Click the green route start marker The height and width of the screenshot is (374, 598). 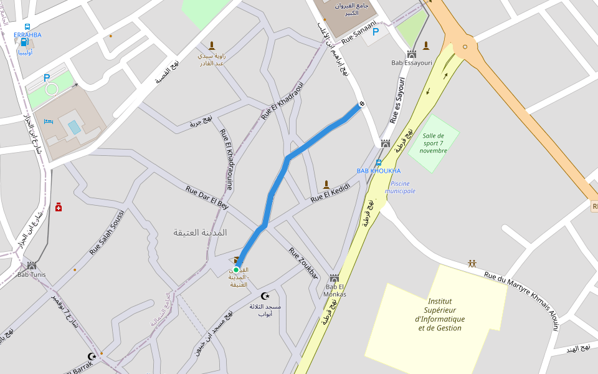(x=236, y=270)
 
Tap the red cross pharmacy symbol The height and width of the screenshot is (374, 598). (x=59, y=207)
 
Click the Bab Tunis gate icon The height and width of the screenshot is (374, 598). (x=32, y=266)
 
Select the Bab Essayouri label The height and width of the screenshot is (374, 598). (x=412, y=63)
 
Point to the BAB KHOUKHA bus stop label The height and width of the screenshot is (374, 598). (x=379, y=171)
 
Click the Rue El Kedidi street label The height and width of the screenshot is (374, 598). (x=331, y=192)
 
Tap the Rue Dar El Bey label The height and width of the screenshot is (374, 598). (x=207, y=198)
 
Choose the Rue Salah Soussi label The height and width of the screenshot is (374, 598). (x=107, y=233)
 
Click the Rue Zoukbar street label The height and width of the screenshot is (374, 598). (x=303, y=263)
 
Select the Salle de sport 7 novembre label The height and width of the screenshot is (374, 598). (x=433, y=143)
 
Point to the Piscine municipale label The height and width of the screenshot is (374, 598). (x=400, y=187)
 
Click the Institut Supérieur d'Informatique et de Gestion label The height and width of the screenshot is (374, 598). (x=440, y=314)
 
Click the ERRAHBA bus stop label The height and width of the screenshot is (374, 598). (x=27, y=35)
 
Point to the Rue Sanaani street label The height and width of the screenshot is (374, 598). (x=359, y=32)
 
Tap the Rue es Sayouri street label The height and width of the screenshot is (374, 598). (x=397, y=100)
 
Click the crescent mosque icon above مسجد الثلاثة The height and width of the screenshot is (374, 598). (x=265, y=296)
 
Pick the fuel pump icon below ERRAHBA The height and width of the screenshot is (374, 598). (x=24, y=43)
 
